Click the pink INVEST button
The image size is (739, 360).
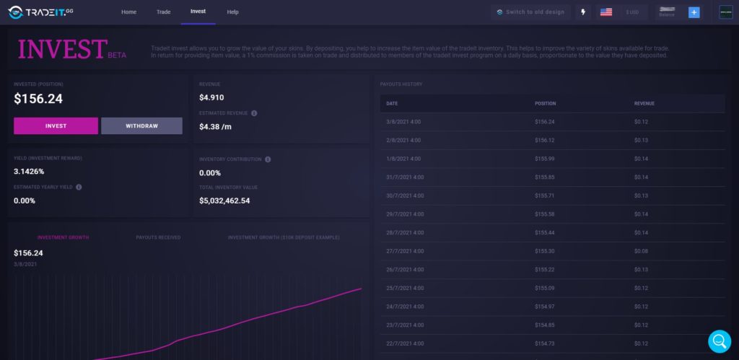click(x=56, y=126)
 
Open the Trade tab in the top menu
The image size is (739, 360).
click(x=163, y=12)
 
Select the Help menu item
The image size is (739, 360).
click(x=232, y=12)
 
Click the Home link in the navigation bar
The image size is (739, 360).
click(x=128, y=12)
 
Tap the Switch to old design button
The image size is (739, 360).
click(x=530, y=12)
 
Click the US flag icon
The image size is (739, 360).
click(x=606, y=12)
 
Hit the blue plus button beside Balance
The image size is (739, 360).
click(x=694, y=12)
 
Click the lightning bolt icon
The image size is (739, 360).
click(x=583, y=12)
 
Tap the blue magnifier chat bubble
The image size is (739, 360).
click(x=719, y=341)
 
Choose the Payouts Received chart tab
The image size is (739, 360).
click(x=158, y=237)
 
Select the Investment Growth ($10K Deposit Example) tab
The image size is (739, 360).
click(x=284, y=237)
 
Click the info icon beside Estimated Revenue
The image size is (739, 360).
click(x=254, y=113)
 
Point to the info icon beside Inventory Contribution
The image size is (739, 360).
click(x=268, y=159)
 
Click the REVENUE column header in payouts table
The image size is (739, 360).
click(x=644, y=103)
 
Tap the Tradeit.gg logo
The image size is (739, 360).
click(x=41, y=12)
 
